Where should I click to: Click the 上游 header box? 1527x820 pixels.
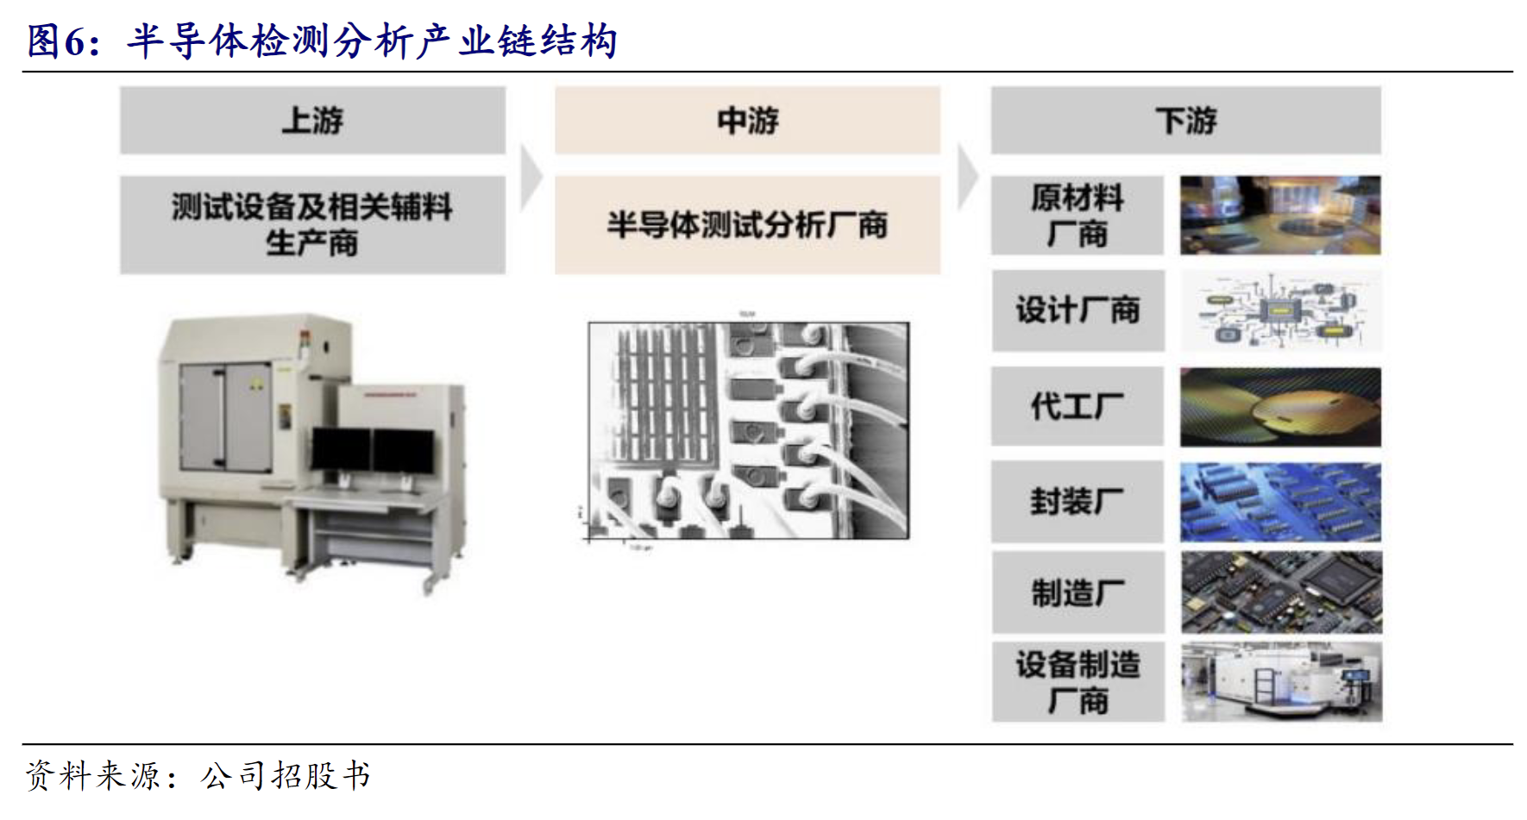click(x=312, y=121)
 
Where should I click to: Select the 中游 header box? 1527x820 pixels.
click(x=747, y=121)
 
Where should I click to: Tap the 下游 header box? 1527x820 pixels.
click(x=1185, y=121)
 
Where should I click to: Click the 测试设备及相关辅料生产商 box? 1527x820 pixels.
click(x=312, y=225)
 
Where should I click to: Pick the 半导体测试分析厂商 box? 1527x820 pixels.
click(x=747, y=225)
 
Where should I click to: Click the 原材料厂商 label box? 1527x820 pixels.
click(x=1077, y=216)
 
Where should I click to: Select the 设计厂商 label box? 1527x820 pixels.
click(x=1078, y=310)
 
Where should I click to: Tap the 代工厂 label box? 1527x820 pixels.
click(x=1077, y=406)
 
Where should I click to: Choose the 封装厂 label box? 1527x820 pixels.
click(x=1077, y=501)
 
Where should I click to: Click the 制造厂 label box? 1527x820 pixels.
click(x=1078, y=593)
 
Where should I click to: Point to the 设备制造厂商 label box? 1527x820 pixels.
click(x=1078, y=682)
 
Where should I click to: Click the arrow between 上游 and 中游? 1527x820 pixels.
click(x=531, y=178)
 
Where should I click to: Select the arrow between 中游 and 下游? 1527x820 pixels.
click(x=967, y=178)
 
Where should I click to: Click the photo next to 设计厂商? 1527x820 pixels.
click(x=1280, y=310)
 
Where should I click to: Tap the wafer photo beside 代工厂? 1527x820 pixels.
click(x=1280, y=407)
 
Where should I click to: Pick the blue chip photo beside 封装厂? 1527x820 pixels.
click(x=1280, y=502)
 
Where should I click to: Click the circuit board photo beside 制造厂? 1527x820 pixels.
click(x=1281, y=593)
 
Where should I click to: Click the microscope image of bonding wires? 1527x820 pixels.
click(x=748, y=430)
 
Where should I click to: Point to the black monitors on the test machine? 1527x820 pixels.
click(x=373, y=450)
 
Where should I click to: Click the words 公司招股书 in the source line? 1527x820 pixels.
click(x=286, y=776)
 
